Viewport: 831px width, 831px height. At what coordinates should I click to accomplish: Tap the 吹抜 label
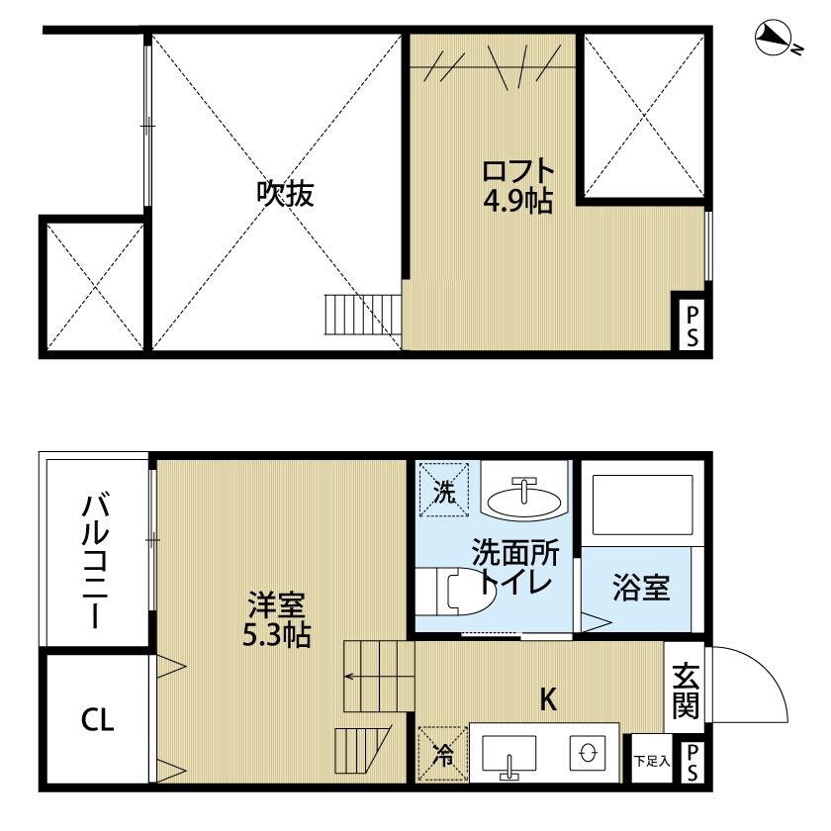click(286, 194)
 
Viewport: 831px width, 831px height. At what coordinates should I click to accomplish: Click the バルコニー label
click(95, 560)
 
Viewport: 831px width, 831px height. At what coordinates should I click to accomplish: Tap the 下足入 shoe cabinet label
click(652, 762)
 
